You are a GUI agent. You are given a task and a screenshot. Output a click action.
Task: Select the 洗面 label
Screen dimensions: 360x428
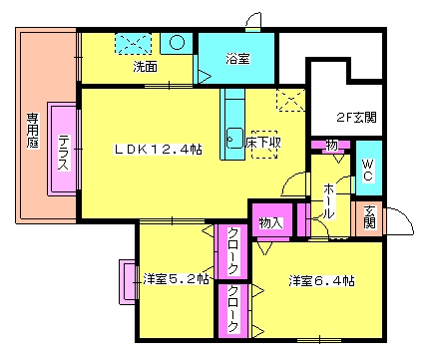tap(146, 68)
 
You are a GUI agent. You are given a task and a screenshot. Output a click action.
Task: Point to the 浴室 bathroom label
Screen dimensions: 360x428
tap(236, 59)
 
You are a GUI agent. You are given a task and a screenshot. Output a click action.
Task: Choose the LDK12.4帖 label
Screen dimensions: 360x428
tap(158, 150)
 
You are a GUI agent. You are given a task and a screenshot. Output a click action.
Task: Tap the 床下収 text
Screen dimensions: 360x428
tap(263, 144)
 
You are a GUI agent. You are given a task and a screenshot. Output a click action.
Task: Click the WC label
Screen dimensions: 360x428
tap(366, 169)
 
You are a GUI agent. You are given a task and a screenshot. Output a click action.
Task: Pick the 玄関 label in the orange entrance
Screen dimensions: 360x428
tap(368, 216)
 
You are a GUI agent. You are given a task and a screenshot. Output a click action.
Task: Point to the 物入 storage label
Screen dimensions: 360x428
tap(269, 221)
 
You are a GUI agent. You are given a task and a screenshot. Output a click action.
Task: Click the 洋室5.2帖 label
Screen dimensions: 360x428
tap(176, 279)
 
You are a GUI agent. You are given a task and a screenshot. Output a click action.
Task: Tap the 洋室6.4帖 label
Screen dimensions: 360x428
tap(322, 279)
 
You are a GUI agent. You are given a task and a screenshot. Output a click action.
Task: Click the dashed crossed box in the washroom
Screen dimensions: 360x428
tap(132, 44)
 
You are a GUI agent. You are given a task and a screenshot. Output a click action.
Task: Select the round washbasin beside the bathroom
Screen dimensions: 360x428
tap(177, 43)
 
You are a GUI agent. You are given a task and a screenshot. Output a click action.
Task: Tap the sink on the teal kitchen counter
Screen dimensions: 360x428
tap(235, 137)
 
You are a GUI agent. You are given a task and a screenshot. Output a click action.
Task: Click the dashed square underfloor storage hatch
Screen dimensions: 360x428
tap(263, 144)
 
